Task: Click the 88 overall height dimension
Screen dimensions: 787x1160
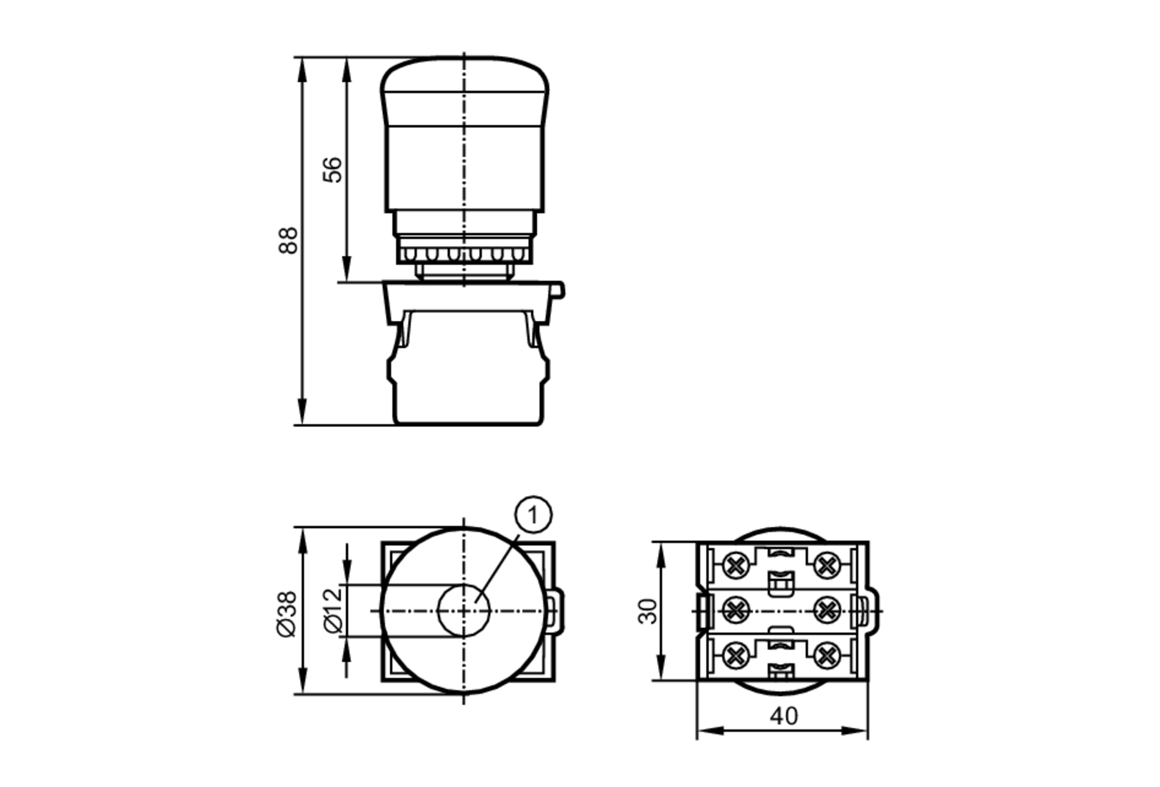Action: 288,240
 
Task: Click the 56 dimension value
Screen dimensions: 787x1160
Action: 333,169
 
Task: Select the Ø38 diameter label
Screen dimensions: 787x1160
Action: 287,614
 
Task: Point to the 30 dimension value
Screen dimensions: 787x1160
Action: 647,611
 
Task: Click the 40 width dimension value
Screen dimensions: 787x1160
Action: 784,716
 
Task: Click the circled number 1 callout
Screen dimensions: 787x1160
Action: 533,514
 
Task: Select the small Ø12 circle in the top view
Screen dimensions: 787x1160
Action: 463,610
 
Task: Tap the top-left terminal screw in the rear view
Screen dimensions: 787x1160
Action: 735,565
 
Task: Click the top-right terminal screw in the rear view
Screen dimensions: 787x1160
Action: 827,565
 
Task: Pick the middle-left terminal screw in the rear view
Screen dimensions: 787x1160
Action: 735,610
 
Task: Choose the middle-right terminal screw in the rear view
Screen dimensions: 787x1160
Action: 827,610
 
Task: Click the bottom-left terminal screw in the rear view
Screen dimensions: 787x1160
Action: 735,656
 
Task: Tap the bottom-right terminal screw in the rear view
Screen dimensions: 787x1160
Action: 827,656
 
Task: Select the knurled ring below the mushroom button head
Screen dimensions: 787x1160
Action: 463,254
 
